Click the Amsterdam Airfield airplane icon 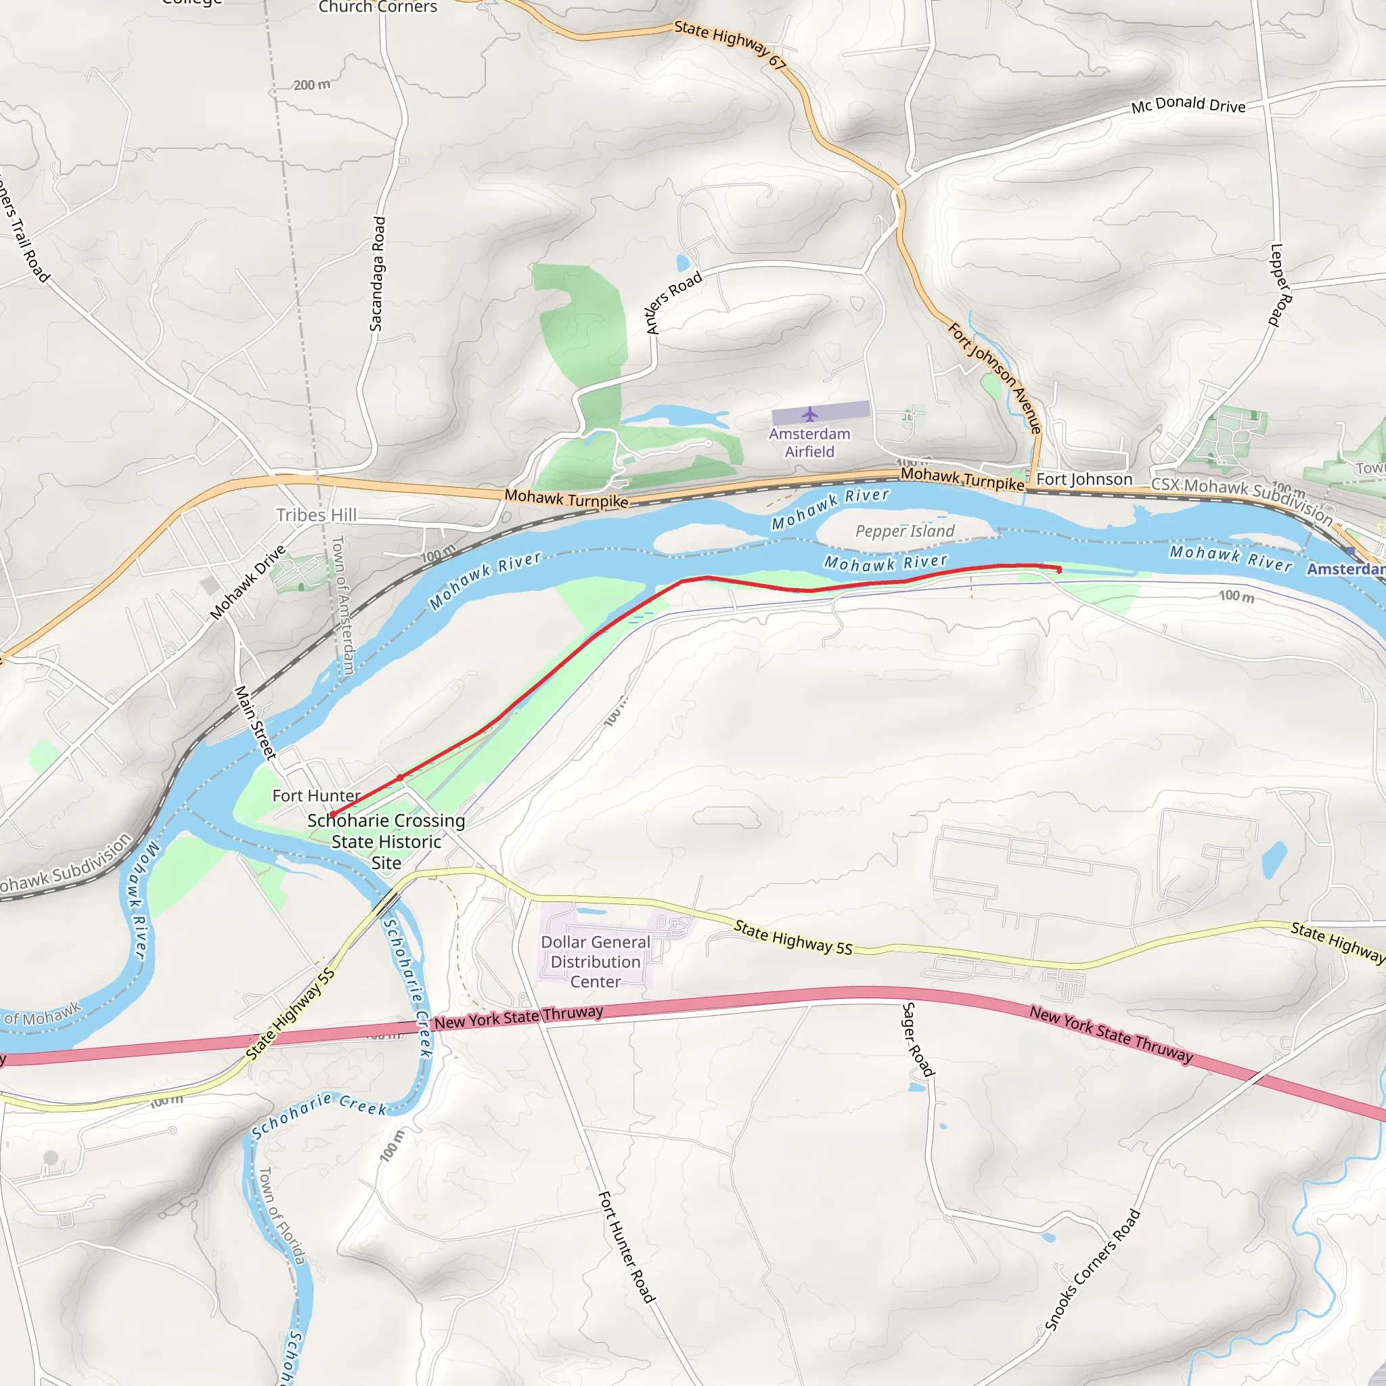pos(810,414)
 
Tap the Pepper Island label pos(905,531)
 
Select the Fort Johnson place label pos(1084,479)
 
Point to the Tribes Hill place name pos(316,515)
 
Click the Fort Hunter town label pos(316,796)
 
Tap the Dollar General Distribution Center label pos(596,961)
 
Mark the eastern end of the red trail pos(1060,571)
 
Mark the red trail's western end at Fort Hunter pos(332,814)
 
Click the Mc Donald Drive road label pos(1188,105)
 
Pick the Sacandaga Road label pos(378,274)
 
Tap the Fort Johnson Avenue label pos(995,378)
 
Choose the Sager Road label pos(918,1039)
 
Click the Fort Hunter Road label pos(626,1247)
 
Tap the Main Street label pos(255,722)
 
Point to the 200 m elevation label pos(312,85)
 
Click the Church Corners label pos(378,7)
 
